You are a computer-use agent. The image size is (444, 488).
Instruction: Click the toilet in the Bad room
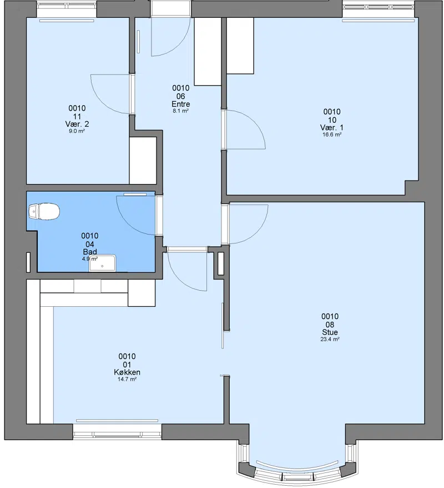44,211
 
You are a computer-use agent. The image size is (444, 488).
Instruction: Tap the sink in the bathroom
102,263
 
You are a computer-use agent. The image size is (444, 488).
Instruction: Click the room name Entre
180,104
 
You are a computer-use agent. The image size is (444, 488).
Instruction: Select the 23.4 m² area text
330,339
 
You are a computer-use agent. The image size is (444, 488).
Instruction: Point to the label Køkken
127,372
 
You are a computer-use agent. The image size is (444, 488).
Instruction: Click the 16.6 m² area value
332,135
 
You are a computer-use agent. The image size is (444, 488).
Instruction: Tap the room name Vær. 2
77,124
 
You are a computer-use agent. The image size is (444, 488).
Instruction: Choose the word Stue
330,332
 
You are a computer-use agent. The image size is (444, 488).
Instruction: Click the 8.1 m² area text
180,111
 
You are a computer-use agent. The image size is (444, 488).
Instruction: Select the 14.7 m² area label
127,379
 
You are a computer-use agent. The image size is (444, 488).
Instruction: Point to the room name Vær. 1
332,128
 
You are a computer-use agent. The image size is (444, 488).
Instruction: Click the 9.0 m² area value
77,131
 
